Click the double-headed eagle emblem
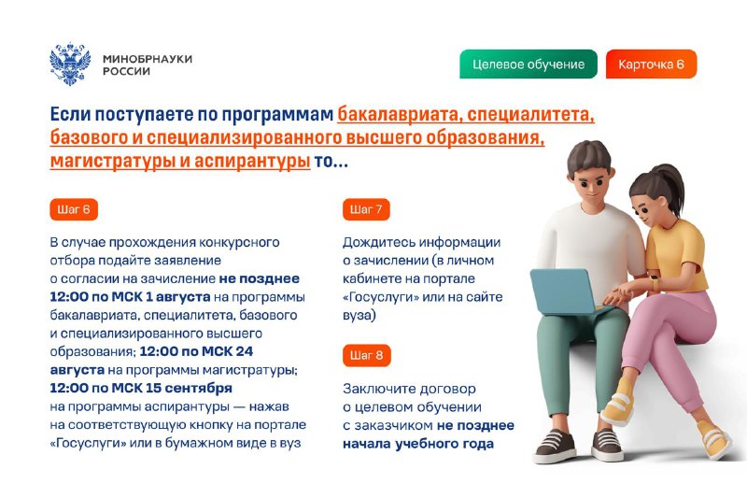[x=70, y=64]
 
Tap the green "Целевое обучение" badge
[x=529, y=64]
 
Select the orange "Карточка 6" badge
[x=651, y=64]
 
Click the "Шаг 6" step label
[x=74, y=209]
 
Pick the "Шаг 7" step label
[x=366, y=209]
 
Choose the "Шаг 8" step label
[x=367, y=355]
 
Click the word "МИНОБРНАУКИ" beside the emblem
[x=148, y=59]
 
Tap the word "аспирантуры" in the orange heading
[x=252, y=161]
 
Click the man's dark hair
[x=589, y=156]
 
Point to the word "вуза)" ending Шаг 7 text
[x=359, y=316]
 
